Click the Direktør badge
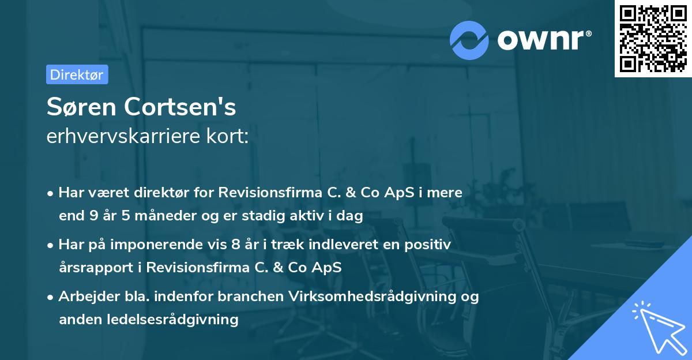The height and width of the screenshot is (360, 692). click(77, 74)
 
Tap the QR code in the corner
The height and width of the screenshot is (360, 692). click(653, 38)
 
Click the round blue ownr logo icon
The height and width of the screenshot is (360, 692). click(469, 40)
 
